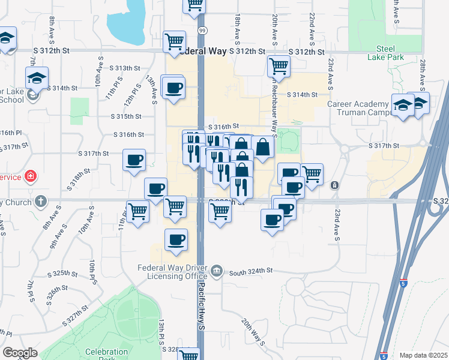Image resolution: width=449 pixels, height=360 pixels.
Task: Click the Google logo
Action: point(20,353)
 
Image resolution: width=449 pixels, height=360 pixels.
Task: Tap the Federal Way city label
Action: point(200,52)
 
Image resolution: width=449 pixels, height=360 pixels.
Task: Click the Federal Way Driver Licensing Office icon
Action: point(217,271)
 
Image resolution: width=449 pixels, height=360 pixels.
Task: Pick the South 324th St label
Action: point(250,271)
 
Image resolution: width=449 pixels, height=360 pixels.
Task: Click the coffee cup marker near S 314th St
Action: point(174,88)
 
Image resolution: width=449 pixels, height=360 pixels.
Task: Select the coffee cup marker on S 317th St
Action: point(134,160)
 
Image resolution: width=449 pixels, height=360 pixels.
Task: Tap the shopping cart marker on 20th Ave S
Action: point(279,65)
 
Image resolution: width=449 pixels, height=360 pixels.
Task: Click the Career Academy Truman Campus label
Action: point(358,108)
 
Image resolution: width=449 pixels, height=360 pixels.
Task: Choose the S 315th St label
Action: point(126,116)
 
